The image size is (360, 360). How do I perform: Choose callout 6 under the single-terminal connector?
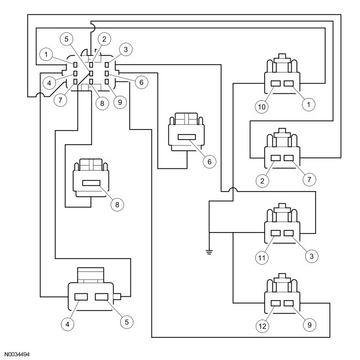pyautogui.click(x=209, y=161)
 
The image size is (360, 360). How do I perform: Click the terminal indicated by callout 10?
pyautogui.click(x=276, y=84)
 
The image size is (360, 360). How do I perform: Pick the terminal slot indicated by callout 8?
pyautogui.click(x=90, y=183)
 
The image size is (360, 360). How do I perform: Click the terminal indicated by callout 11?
pyautogui.click(x=276, y=233)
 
